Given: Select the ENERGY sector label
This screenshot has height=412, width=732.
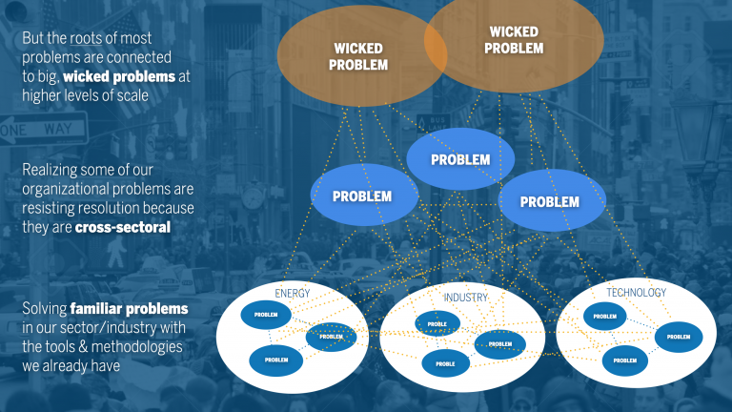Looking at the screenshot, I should tap(293, 293).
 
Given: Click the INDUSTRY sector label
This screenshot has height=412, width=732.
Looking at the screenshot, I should tap(465, 298).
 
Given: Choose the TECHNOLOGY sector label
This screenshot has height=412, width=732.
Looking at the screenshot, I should tap(636, 292).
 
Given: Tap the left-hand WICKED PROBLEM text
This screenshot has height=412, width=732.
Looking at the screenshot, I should tap(359, 56).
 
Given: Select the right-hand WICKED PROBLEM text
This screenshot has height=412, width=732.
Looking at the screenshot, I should tap(513, 40).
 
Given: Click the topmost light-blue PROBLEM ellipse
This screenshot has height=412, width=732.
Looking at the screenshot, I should tap(460, 159).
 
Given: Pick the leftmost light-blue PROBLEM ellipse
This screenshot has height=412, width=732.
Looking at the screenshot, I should tap(362, 196).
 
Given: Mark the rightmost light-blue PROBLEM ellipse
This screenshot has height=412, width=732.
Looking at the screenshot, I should tap(549, 201).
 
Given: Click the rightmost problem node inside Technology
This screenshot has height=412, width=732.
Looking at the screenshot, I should tap(678, 337).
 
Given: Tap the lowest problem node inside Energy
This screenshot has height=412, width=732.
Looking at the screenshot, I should tap(275, 360).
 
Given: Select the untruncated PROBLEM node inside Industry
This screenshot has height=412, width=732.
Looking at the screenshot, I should tap(499, 344).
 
